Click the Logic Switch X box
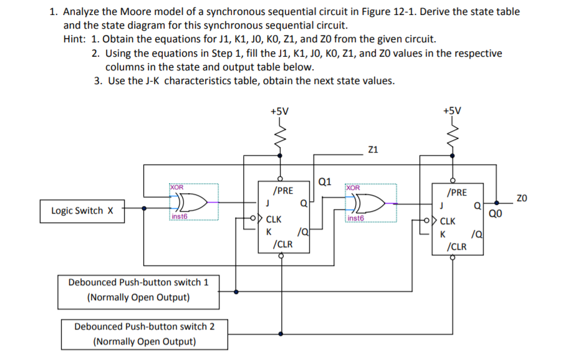coord(81,211)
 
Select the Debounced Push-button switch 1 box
coord(138,290)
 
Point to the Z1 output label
coord(373,150)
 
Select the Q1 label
coord(324,182)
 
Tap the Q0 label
coord(495,215)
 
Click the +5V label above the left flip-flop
coord(279,111)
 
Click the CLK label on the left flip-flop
coord(274,219)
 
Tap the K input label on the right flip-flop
coord(443,235)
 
